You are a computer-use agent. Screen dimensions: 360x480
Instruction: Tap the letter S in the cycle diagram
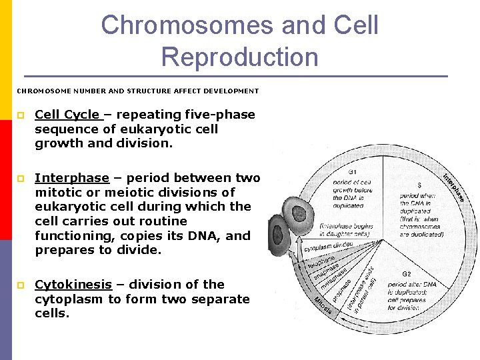pos(419,184)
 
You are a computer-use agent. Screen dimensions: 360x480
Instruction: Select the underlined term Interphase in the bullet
pos(72,178)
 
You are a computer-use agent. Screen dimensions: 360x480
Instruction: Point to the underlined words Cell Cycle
pos(67,115)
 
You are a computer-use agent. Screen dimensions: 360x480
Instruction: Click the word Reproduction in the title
pos(240,57)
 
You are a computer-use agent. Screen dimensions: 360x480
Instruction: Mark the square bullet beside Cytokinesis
pos(21,285)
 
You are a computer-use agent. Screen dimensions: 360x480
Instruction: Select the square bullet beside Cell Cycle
pos(21,115)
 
